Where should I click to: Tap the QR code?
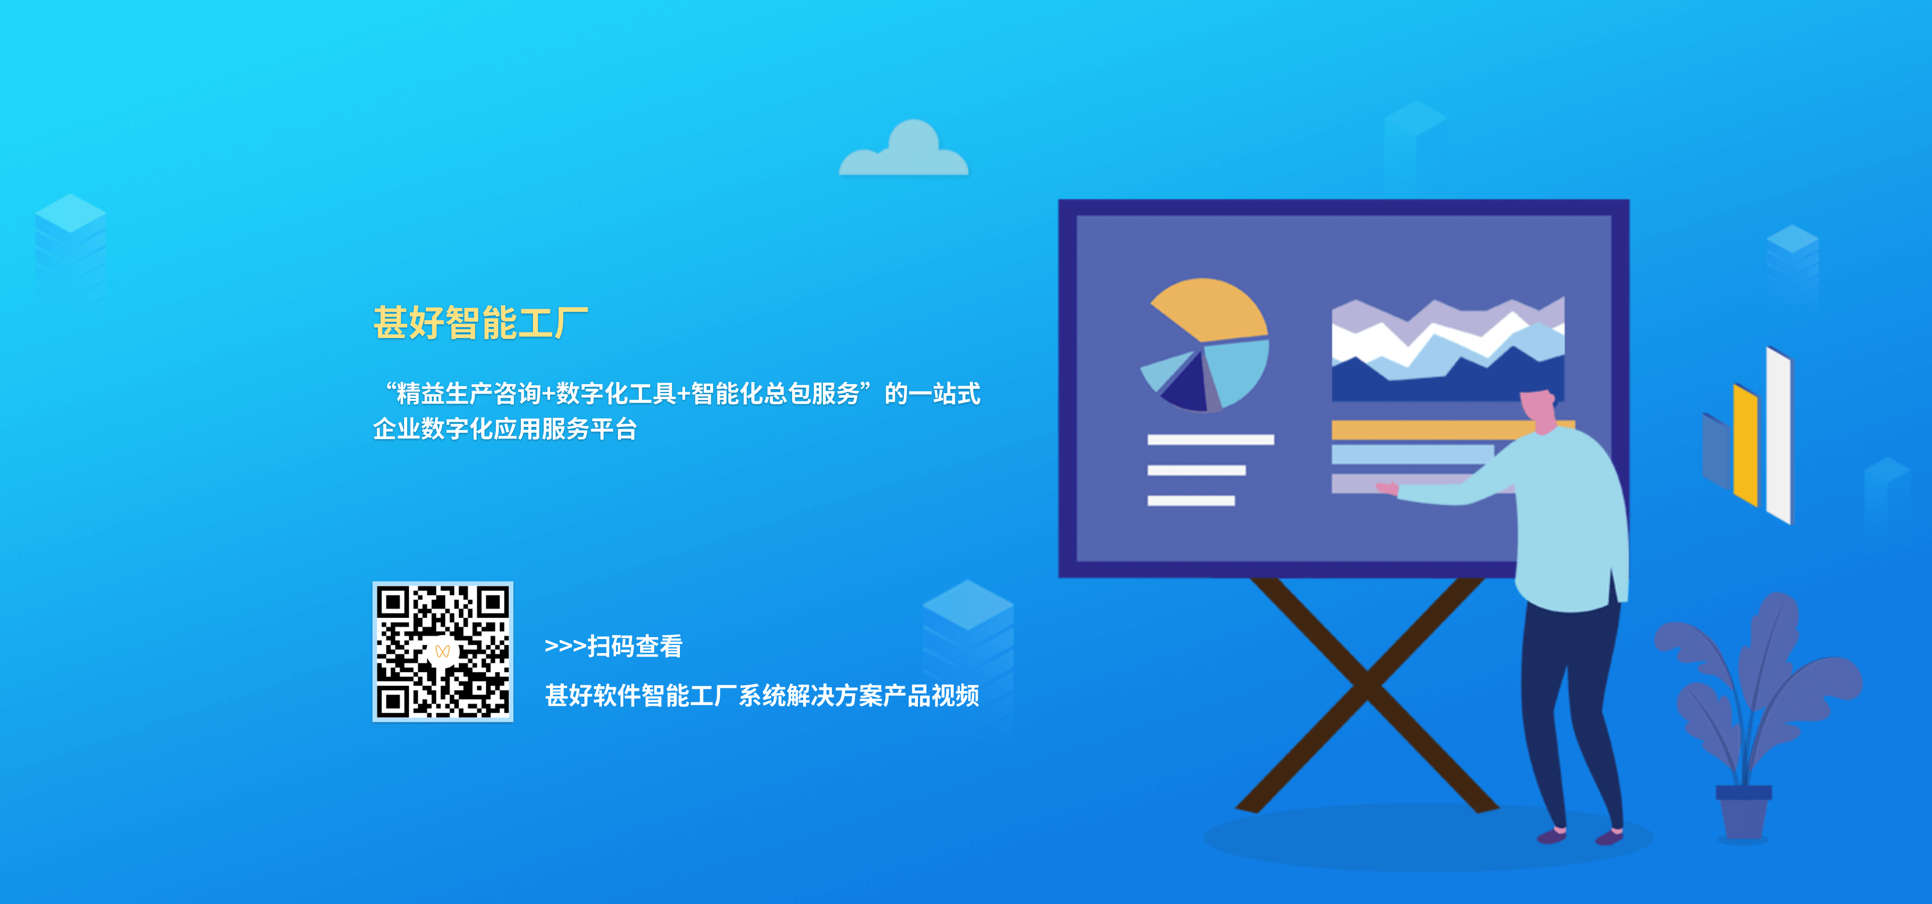[442, 652]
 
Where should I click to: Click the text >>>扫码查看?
[613, 646]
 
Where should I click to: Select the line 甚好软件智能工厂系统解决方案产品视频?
[762, 696]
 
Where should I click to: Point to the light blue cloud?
[904, 150]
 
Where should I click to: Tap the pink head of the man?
[1539, 409]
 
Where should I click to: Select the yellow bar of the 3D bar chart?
[1746, 444]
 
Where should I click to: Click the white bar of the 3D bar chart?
[1779, 435]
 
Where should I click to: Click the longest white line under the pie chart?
[1210, 440]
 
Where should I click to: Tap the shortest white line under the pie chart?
[1191, 501]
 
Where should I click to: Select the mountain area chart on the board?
[1447, 349]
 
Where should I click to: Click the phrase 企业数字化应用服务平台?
[505, 429]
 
